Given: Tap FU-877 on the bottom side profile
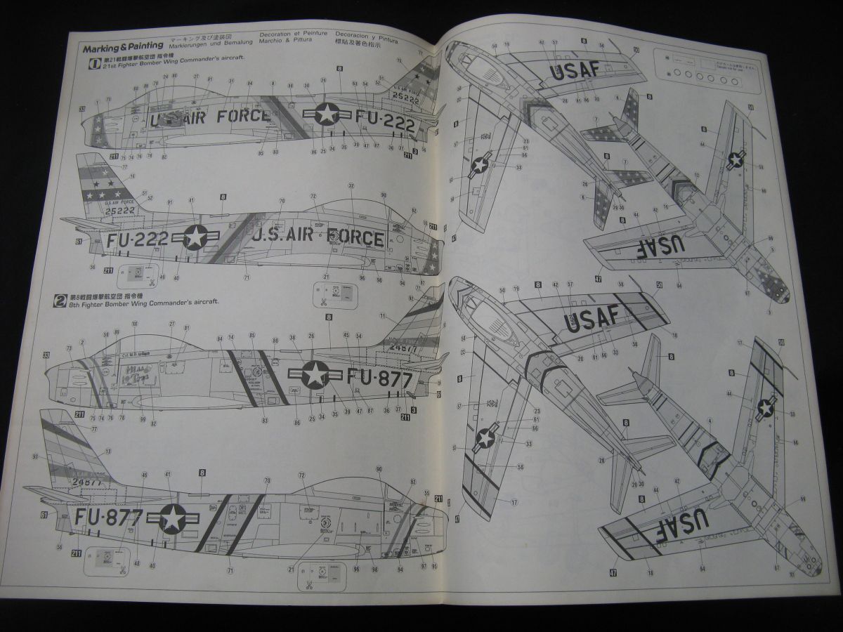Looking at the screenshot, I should point(110,518).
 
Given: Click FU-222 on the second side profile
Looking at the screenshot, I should point(138,239).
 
